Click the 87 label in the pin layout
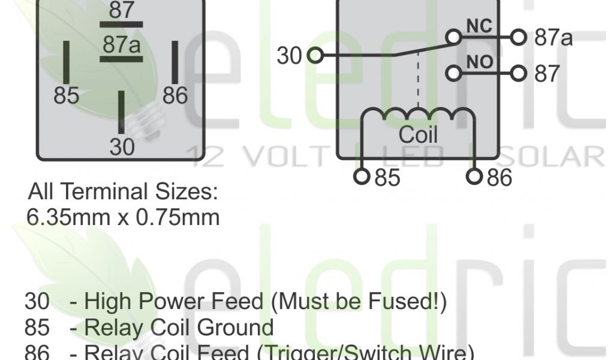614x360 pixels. pos(122,10)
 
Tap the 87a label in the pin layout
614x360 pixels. pos(122,44)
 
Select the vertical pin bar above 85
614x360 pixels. pos(67,62)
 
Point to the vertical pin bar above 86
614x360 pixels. pos(175,62)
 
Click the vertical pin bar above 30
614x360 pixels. pos(121,110)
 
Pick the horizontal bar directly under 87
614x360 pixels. pos(121,25)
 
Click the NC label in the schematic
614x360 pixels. pos(479,26)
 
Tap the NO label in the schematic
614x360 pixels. pos(479,61)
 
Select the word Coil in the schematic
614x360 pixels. pos(418,134)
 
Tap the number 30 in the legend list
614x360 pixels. pos(37,301)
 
